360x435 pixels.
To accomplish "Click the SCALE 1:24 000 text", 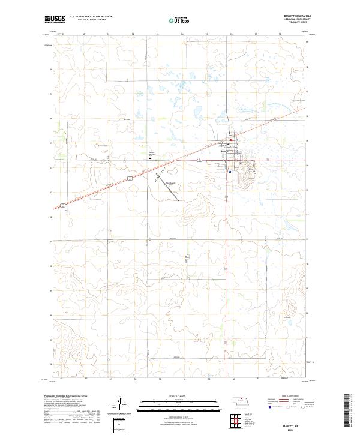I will (x=171, y=395).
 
